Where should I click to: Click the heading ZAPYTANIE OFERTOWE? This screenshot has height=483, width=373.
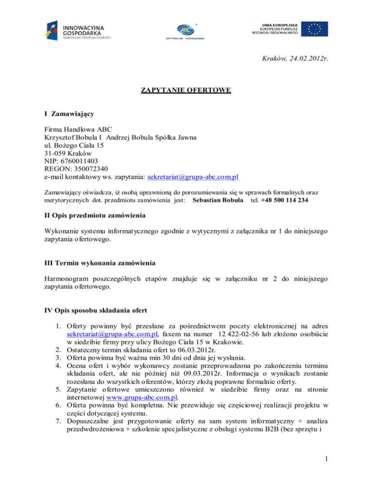186,90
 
